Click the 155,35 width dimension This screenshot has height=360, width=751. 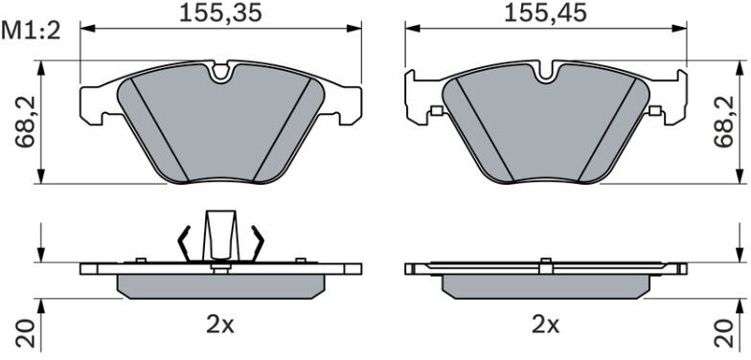[x=220, y=13]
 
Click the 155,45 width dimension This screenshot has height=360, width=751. [x=546, y=13]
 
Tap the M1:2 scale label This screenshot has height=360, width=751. [x=31, y=31]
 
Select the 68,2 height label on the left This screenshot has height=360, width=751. [x=25, y=123]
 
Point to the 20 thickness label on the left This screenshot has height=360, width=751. [x=26, y=333]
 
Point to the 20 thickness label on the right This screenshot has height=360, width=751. [x=724, y=333]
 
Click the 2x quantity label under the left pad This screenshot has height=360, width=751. [x=220, y=326]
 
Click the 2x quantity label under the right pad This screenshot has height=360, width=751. [x=546, y=326]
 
